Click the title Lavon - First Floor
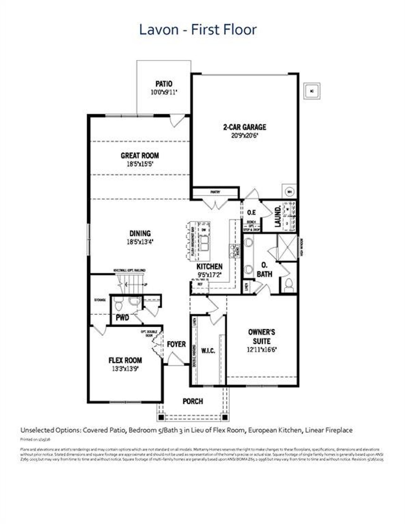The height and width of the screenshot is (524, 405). click(x=198, y=30)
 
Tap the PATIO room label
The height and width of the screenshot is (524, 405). click(x=164, y=84)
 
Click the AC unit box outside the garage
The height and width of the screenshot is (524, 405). click(x=312, y=91)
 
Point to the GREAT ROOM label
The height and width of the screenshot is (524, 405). click(x=140, y=155)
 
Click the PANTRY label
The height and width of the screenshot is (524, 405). click(x=215, y=192)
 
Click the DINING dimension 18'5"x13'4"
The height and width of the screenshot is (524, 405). click(x=140, y=242)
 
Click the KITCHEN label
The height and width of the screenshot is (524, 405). click(x=209, y=266)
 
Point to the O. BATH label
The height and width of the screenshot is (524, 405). click(x=264, y=270)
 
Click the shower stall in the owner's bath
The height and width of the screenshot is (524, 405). click(x=287, y=247)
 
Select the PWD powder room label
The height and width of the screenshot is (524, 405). click(x=122, y=317)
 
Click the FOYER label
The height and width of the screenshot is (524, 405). click(x=176, y=344)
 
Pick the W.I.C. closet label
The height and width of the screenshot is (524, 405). click(x=208, y=350)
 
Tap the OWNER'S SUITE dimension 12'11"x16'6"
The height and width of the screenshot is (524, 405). click(x=262, y=350)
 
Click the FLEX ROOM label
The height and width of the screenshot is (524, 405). click(x=125, y=360)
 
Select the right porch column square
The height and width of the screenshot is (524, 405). click(x=225, y=417)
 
